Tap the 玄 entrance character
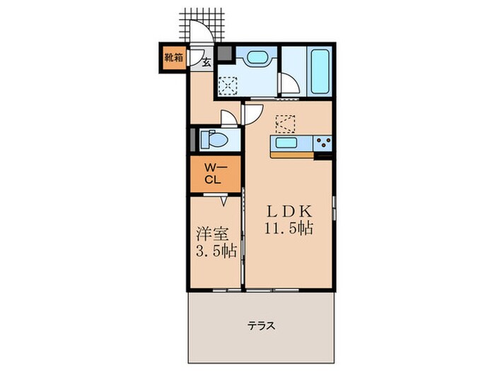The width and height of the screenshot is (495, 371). tap(206, 62)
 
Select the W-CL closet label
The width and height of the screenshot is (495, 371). tap(214, 174)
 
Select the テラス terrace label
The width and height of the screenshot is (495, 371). tap(261, 326)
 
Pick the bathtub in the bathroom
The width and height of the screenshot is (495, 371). tap(318, 73)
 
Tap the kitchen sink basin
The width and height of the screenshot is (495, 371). tap(286, 143)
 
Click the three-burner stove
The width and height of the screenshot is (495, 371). tap(323, 143)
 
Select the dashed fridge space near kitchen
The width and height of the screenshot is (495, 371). tap(286, 124)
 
